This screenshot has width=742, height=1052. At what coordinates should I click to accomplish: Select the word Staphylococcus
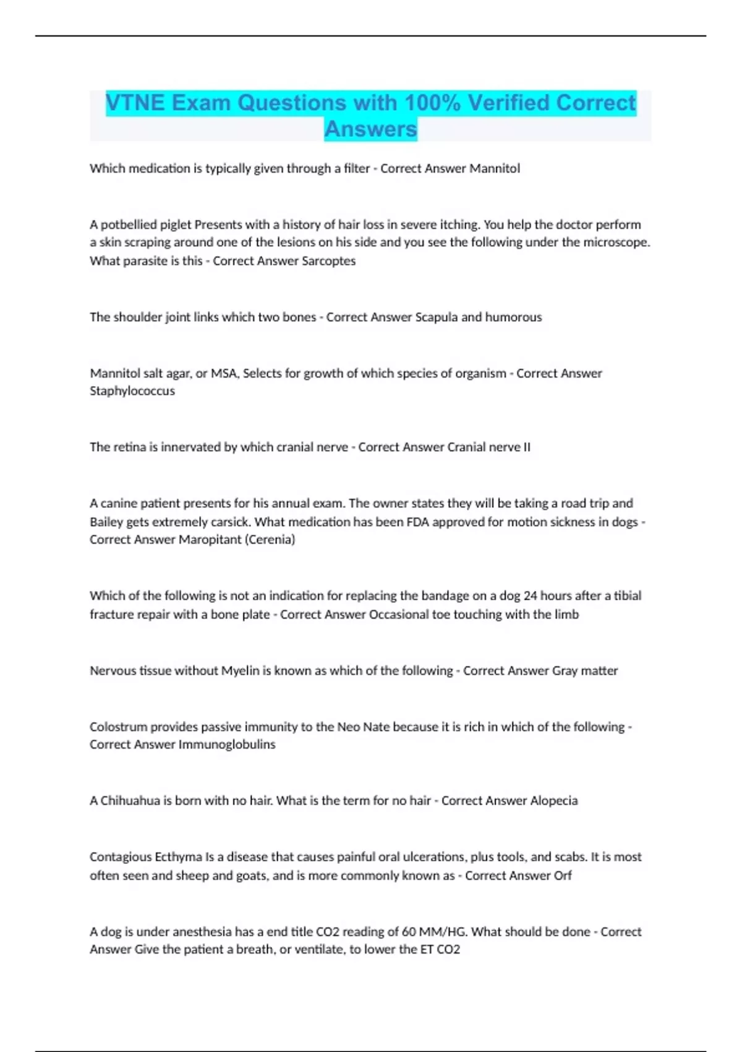132,391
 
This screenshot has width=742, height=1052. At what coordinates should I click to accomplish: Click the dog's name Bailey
106,522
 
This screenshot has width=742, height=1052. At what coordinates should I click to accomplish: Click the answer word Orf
563,876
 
